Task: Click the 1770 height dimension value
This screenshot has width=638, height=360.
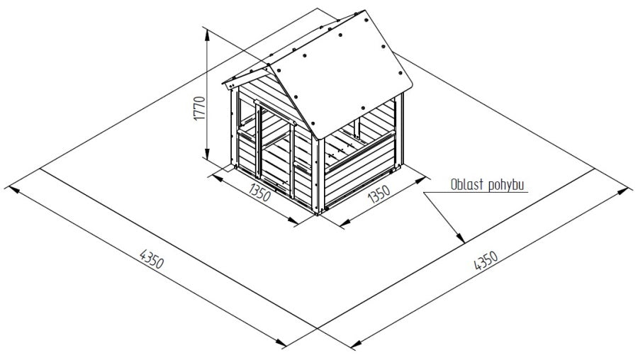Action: (198, 108)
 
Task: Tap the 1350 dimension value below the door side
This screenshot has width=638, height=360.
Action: (259, 192)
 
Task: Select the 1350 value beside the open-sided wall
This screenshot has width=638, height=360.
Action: (379, 193)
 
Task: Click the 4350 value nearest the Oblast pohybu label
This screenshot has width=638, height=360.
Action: (486, 260)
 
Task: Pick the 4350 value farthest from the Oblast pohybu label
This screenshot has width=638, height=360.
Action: (152, 259)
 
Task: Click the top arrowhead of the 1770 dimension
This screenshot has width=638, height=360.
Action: (208, 34)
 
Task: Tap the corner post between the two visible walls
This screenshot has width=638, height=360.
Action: (318, 175)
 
